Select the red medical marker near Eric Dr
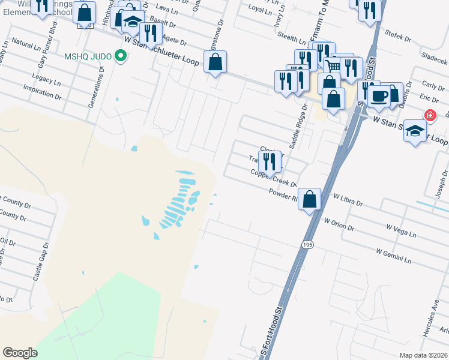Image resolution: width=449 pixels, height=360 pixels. pos(430,115)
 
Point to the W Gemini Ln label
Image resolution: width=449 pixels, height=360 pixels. pos(393,256)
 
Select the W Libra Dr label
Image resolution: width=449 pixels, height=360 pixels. pos(348,200)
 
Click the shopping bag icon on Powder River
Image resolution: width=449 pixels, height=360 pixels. pos(309,199)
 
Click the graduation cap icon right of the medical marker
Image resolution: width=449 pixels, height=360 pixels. pos(415,131)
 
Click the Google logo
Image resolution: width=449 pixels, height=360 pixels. pos(20,353)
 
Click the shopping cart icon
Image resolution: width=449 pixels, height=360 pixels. pos(332,67)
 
